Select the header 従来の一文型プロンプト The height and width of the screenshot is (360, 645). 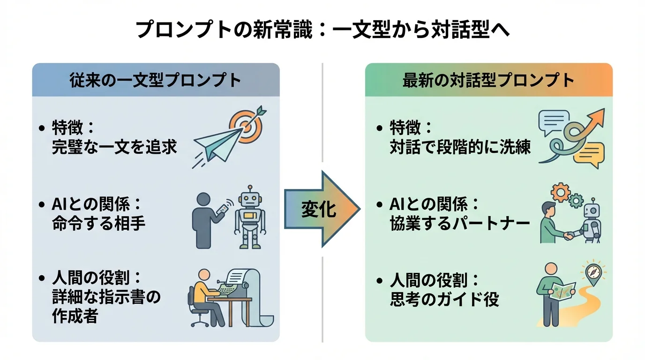click(x=155, y=80)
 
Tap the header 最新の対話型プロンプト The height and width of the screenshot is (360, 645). click(x=488, y=80)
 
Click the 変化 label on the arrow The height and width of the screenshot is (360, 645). click(x=318, y=210)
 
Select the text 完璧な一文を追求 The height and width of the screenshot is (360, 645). click(x=114, y=147)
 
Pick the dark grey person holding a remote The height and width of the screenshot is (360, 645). click(x=206, y=220)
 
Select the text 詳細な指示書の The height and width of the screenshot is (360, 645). click(x=106, y=298)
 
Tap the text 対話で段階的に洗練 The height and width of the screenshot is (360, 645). click(x=460, y=147)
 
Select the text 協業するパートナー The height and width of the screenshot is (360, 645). click(x=459, y=224)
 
